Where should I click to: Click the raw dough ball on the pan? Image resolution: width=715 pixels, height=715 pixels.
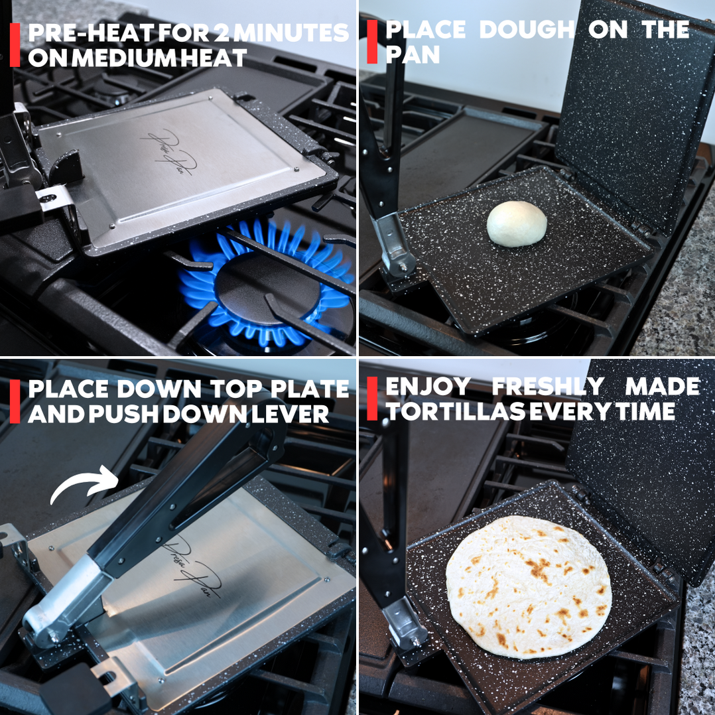coord(517,224)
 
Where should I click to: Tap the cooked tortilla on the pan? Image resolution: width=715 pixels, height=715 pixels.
coord(529,588)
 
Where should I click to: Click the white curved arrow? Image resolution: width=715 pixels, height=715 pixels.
coord(84,484)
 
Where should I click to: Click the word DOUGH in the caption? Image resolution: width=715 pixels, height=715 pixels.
coord(527,30)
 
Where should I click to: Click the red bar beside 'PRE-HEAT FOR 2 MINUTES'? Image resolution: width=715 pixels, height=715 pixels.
coord(15,45)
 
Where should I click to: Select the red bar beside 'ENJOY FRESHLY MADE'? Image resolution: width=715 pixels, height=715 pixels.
coord(372,399)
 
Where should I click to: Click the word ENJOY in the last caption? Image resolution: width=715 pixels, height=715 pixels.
coord(428,387)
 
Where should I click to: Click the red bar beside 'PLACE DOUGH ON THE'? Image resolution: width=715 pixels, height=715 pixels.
coord(372,42)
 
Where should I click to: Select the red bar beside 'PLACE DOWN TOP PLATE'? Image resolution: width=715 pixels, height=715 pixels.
coord(15,401)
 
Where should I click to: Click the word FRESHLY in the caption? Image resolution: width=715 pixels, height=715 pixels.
coord(548,387)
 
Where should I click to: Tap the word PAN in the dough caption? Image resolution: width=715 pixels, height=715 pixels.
coord(413,54)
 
